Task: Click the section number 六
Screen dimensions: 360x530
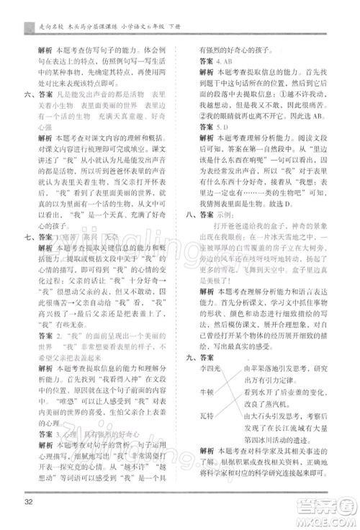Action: point(27,94)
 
